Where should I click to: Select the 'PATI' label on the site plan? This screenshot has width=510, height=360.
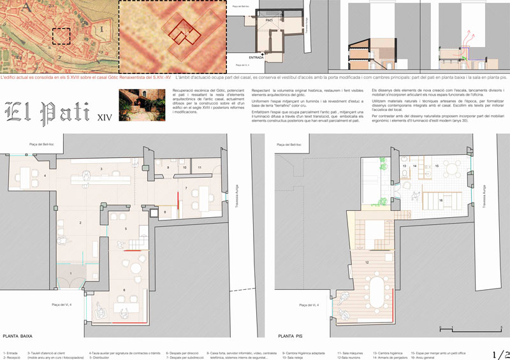click(x=270, y=21)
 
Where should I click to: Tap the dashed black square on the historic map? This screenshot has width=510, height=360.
click(x=62, y=36)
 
